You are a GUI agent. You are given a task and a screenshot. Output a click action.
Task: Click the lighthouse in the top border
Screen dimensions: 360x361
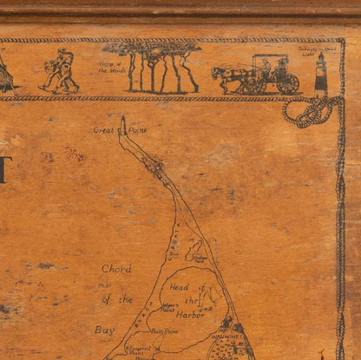click(x=321, y=73)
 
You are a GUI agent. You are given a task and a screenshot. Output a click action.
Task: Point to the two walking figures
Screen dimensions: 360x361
click(x=60, y=72)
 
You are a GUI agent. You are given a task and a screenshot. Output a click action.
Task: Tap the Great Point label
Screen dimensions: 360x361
click(x=108, y=130)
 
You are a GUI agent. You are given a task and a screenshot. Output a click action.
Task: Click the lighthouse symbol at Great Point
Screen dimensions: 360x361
click(x=122, y=125)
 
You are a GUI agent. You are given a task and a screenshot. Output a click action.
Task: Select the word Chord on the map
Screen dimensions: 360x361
click(x=115, y=269)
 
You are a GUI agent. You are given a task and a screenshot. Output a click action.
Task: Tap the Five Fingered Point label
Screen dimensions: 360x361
click(x=139, y=349)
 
